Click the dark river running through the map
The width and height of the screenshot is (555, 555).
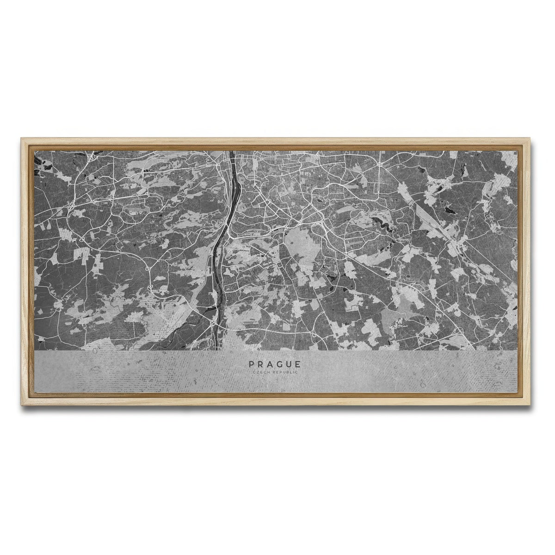coord(230,208)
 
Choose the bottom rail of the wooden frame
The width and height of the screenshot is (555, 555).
coord(277,401)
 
